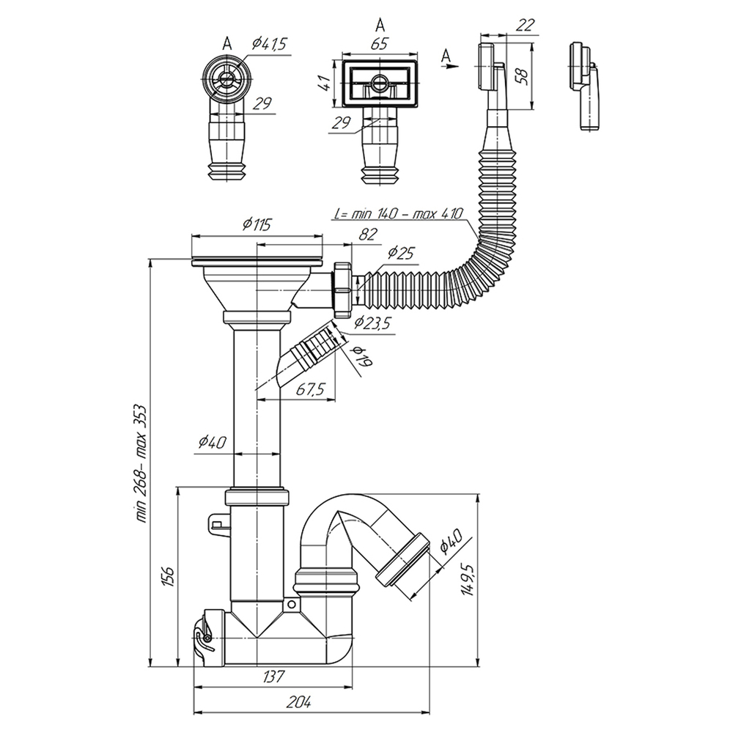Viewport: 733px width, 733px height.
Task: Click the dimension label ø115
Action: pos(256,224)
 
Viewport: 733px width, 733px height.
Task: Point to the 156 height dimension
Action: pos(166,576)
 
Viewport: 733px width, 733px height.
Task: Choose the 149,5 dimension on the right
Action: pos(467,578)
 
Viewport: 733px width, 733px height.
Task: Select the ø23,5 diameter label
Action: pos(372,323)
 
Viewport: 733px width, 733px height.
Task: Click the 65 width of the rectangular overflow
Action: pos(379,44)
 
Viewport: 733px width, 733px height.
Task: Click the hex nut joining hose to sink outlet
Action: pos(342,290)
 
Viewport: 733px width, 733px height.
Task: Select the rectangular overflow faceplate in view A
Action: pos(379,81)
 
